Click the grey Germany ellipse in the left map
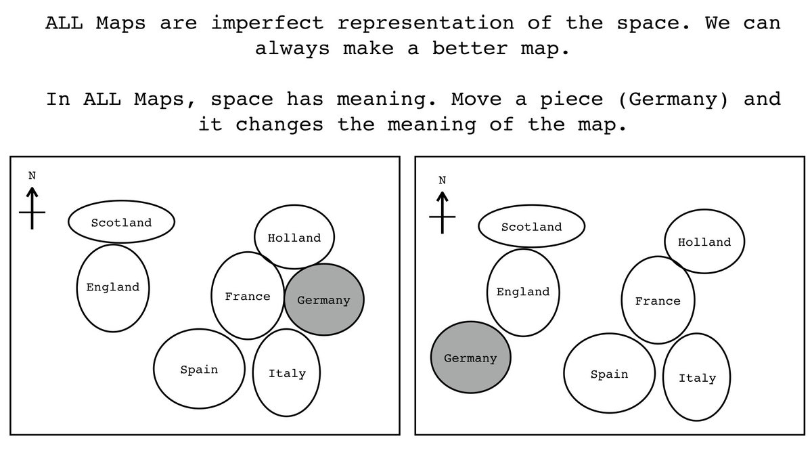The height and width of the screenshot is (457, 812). point(324,300)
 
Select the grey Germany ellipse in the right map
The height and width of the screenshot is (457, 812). point(470,357)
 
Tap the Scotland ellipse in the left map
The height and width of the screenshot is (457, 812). point(121,221)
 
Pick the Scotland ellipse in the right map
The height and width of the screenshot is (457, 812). point(531,226)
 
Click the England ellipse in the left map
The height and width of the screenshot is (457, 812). point(113,288)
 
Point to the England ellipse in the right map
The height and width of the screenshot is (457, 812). point(523,292)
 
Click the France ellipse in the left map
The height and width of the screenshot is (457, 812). point(247,296)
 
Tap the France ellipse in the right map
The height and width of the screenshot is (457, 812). point(658,301)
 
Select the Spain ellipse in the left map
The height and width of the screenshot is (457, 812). point(199,369)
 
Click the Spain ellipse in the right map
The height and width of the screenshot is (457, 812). point(609,374)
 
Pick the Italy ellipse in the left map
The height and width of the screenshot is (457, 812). point(287,373)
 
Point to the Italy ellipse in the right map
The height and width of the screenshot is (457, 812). point(697,378)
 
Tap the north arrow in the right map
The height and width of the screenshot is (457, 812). point(443,213)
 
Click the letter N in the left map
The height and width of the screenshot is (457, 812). point(32,175)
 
